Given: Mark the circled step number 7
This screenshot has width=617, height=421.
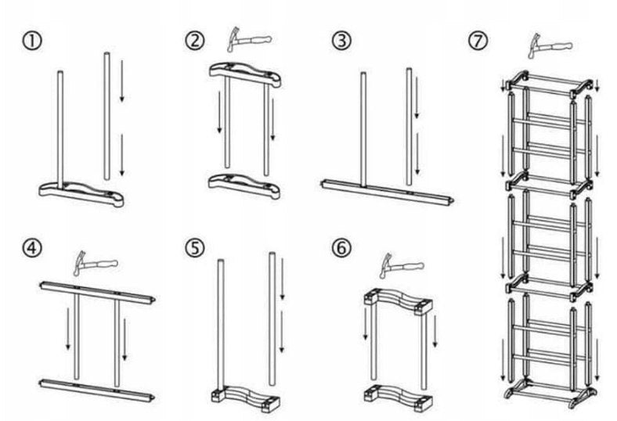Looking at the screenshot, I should [x=477, y=39].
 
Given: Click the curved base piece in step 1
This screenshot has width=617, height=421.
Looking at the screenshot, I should [x=82, y=193].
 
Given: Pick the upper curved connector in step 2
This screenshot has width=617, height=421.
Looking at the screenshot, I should [x=244, y=74].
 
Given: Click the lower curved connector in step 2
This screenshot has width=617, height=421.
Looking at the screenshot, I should [x=244, y=185].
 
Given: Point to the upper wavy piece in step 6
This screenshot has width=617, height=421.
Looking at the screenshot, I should [x=398, y=300].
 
